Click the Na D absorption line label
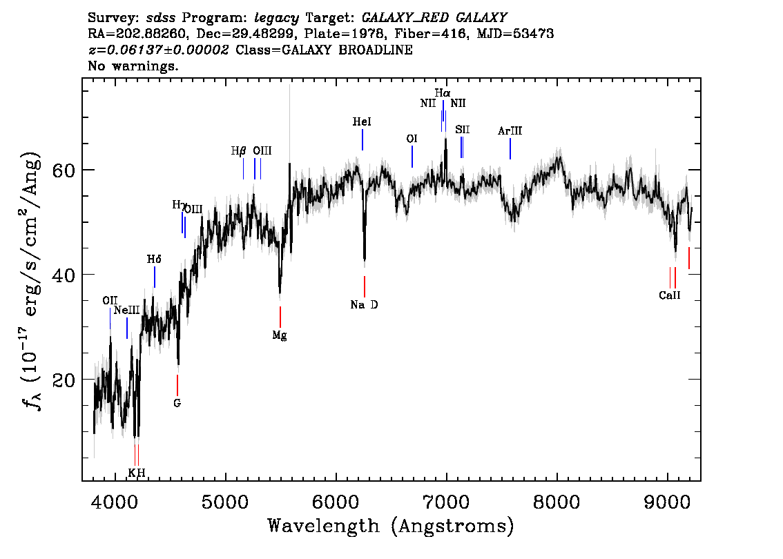364,305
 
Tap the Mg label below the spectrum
280,335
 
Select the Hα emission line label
443,93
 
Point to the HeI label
362,121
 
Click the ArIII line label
510,130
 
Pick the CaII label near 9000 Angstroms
670,295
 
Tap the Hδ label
154,259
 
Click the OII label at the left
110,300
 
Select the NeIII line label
127,311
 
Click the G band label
177,403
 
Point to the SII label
463,130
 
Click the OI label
412,139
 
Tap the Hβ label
239,150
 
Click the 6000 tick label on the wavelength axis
336,502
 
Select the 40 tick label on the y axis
64,275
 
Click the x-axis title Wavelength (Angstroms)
391,526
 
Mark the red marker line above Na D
365,286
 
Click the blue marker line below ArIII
510,149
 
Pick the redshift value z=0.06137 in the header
158,50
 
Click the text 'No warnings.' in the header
133,66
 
